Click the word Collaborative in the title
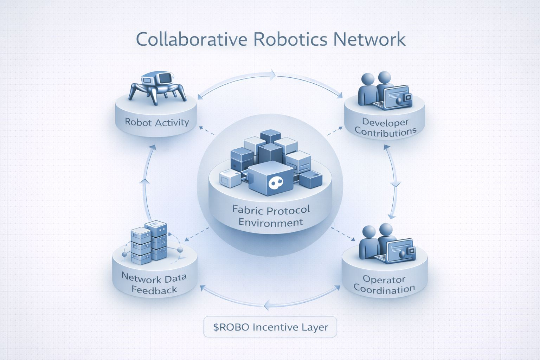pyautogui.click(x=191, y=39)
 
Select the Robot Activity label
pyautogui.click(x=157, y=122)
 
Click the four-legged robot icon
pyautogui.click(x=157, y=88)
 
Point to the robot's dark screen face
pyautogui.click(x=165, y=78)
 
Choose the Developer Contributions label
pyautogui.click(x=385, y=127)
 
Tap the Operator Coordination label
pyautogui.click(x=384, y=284)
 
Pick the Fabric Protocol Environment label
pyautogui.click(x=271, y=216)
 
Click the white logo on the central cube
pyautogui.click(x=275, y=183)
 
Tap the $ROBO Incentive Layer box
pyautogui.click(x=270, y=327)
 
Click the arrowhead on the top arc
pyautogui.click(x=273, y=74)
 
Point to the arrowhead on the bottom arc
pyautogui.click(x=266, y=305)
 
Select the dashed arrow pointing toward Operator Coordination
pyautogui.click(x=343, y=234)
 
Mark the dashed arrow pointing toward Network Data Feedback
pyautogui.click(x=197, y=234)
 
